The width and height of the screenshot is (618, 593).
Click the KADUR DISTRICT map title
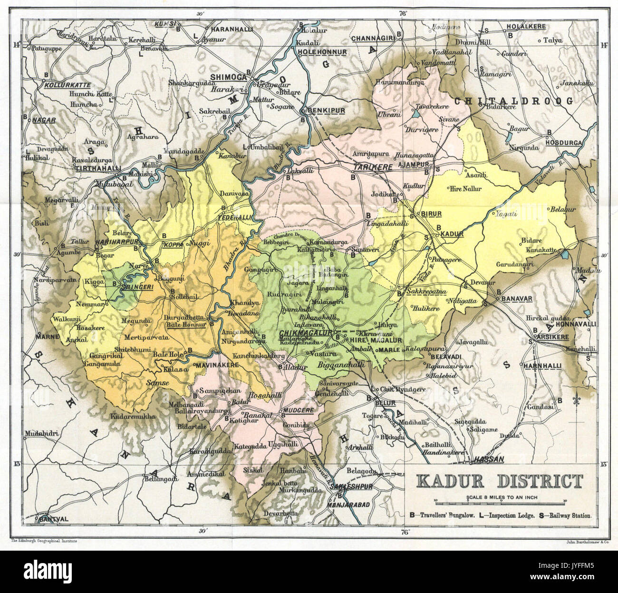coord(499,481)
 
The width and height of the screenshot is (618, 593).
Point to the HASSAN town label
coord(489,459)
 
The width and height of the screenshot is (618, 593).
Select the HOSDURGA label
coord(563,143)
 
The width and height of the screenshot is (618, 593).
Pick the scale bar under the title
coord(499,502)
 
